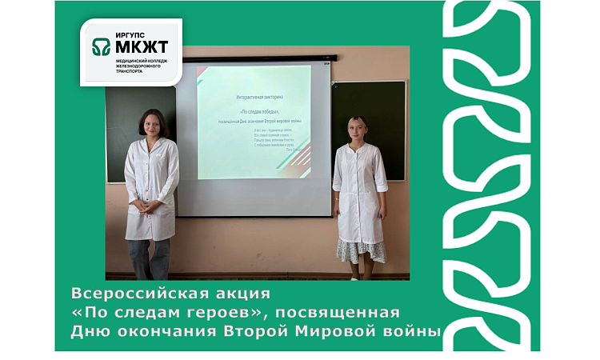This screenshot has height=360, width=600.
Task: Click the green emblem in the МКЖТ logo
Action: click(x=102, y=47)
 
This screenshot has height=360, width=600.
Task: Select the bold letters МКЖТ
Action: click(x=142, y=49)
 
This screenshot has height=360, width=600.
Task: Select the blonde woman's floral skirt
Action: click(x=361, y=250)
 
